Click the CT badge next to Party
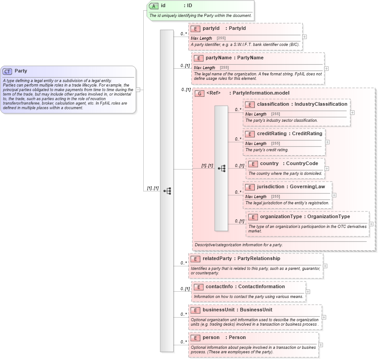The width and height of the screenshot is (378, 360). [x=8, y=71]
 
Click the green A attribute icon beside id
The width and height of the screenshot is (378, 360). [x=154, y=6]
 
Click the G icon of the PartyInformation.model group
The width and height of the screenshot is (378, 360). [x=200, y=93]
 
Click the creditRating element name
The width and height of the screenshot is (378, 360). [x=272, y=134]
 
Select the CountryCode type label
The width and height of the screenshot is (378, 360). [x=302, y=164]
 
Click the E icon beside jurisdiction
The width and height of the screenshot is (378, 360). [x=249, y=187]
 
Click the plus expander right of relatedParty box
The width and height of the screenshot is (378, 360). [x=325, y=266]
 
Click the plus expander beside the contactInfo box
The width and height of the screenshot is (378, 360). [x=308, y=292]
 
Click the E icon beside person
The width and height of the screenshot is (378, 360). [x=195, y=338]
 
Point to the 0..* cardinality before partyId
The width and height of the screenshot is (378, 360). [x=183, y=34]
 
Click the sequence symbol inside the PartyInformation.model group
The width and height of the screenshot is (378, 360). [x=221, y=169]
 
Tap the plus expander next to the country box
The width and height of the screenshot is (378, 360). [x=327, y=169]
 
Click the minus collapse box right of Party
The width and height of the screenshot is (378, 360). [x=138, y=89]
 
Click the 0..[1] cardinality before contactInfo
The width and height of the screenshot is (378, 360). [x=185, y=289]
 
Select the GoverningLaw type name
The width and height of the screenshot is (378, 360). [x=307, y=187]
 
